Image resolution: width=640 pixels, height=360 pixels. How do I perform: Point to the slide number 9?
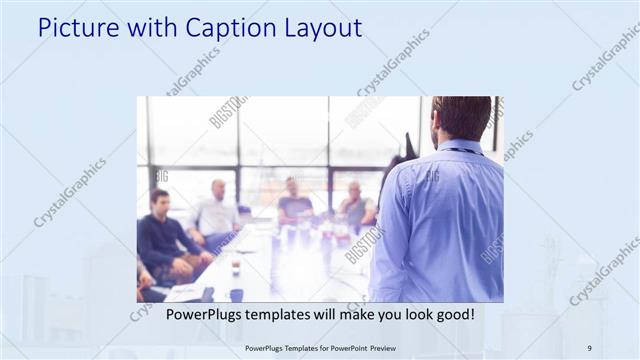pyautogui.click(x=589, y=347)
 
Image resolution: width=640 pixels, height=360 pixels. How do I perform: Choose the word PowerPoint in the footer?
pyautogui.click(x=340, y=347)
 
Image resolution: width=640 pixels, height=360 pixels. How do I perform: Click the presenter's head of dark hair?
pyautogui.click(x=462, y=116)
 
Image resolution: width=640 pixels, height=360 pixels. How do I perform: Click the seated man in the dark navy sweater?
pyautogui.click(x=160, y=235)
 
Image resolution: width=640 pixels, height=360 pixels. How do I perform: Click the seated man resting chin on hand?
pyautogui.click(x=355, y=205)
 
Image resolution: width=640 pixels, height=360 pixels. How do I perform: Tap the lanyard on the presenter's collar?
pyautogui.click(x=462, y=151)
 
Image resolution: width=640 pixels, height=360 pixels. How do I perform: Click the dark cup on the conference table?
pyautogui.click(x=236, y=295)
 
